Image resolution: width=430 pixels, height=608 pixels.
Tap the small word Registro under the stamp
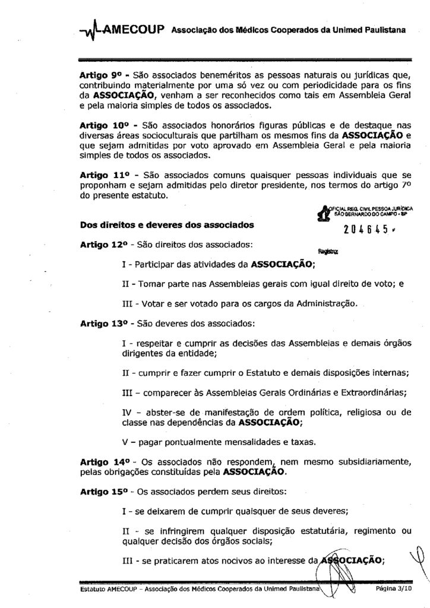click(x=331, y=251)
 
